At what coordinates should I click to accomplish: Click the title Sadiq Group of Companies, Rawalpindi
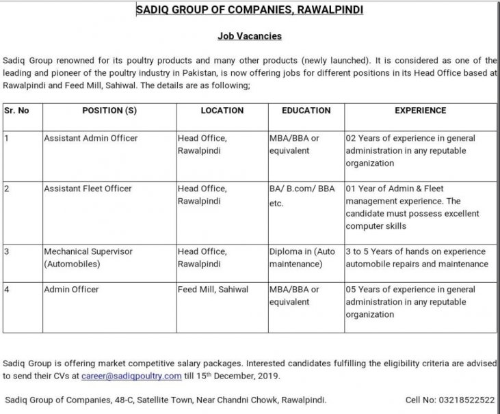click(250, 10)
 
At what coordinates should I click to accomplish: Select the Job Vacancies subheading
click(249, 36)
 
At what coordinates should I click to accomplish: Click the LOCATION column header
click(222, 110)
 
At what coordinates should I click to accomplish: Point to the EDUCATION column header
click(306, 110)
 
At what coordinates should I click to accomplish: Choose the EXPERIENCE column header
click(420, 110)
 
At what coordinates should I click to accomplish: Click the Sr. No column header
click(16, 110)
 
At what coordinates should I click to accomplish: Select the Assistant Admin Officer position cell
click(90, 138)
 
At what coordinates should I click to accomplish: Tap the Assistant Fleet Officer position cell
click(88, 188)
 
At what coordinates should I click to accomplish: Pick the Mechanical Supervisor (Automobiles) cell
click(88, 258)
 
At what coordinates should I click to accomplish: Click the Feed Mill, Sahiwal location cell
click(213, 290)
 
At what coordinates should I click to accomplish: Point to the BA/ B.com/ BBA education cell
click(302, 195)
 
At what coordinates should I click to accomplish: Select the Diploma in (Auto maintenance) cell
click(302, 258)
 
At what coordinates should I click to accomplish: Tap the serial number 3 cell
click(6, 251)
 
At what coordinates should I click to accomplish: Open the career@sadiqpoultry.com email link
click(131, 376)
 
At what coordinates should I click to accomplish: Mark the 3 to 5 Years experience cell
click(417, 258)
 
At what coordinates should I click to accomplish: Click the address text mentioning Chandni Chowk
click(166, 399)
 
